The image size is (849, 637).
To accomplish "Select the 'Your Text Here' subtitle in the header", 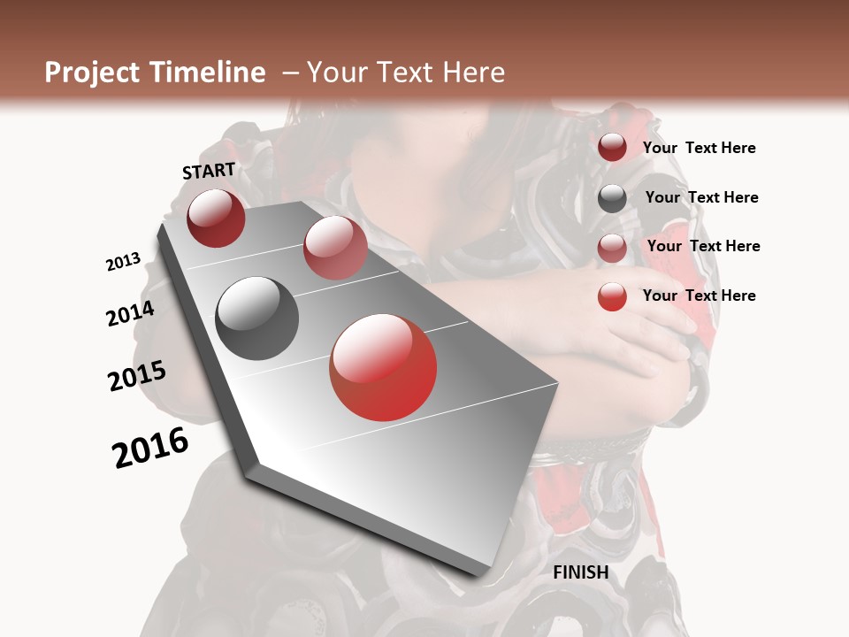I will pyautogui.click(x=405, y=73).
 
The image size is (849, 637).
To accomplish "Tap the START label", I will pyautogui.click(x=209, y=171).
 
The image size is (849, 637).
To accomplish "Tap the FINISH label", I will pyautogui.click(x=581, y=572).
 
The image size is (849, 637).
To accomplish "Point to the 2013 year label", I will pyautogui.click(x=123, y=262).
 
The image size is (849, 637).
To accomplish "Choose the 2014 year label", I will pyautogui.click(x=130, y=313).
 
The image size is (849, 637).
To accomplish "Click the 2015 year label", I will pyautogui.click(x=137, y=376).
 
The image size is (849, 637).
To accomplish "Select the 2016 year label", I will pyautogui.click(x=150, y=448).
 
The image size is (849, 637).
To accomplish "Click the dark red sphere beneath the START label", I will pyautogui.click(x=216, y=218).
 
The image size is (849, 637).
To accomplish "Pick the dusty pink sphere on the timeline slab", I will pyautogui.click(x=335, y=247).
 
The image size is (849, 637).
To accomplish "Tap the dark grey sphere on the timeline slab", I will pyautogui.click(x=257, y=318).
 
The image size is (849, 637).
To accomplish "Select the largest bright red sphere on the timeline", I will pyautogui.click(x=383, y=367).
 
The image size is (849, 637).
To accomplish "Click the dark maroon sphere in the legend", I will pyautogui.click(x=612, y=148).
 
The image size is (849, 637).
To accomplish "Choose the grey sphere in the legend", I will pyautogui.click(x=612, y=198).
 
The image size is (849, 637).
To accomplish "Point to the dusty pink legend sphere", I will pyautogui.click(x=612, y=248).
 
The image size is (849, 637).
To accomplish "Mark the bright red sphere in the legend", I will pyautogui.click(x=612, y=296).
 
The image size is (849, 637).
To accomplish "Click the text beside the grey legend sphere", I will pyautogui.click(x=701, y=197).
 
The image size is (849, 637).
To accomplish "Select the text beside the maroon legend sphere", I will pyautogui.click(x=699, y=148).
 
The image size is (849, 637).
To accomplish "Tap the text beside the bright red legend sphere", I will pyautogui.click(x=699, y=295).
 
